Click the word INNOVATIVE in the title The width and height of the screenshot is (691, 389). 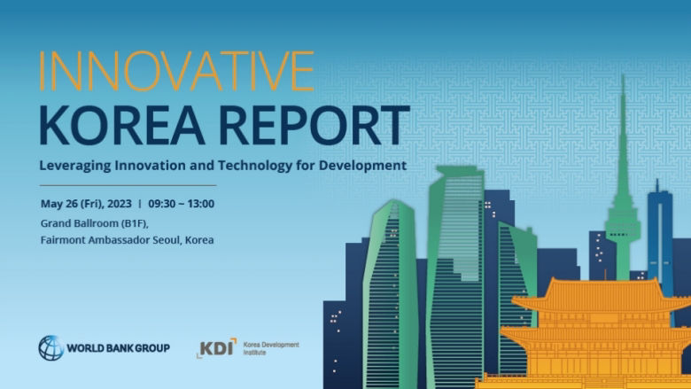point(176,71)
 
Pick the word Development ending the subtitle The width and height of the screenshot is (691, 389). point(364,165)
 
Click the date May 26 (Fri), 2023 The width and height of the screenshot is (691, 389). point(86,203)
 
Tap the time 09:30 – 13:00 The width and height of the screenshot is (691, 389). point(181,203)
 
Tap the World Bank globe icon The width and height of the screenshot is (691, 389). point(50,347)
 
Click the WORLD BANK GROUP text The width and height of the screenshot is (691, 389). point(118,348)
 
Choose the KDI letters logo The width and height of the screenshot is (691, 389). point(217,346)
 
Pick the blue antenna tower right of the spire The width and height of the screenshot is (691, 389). point(658,230)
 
